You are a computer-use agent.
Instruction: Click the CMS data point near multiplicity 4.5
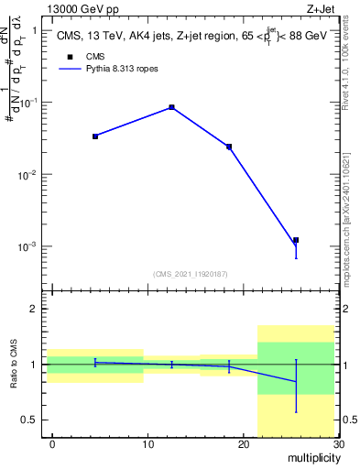coord(95,136)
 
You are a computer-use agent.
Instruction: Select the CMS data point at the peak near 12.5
coord(171,107)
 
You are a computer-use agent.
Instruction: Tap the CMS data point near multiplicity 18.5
coord(229,147)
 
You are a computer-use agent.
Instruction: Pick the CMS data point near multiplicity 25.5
coord(296,240)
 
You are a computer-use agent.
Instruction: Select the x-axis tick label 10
coord(148,444)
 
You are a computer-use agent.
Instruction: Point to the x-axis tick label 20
coord(244,444)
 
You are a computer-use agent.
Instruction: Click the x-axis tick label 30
coord(338,444)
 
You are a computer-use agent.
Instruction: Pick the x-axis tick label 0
coord(53,444)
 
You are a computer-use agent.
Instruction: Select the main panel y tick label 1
coord(34,30)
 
